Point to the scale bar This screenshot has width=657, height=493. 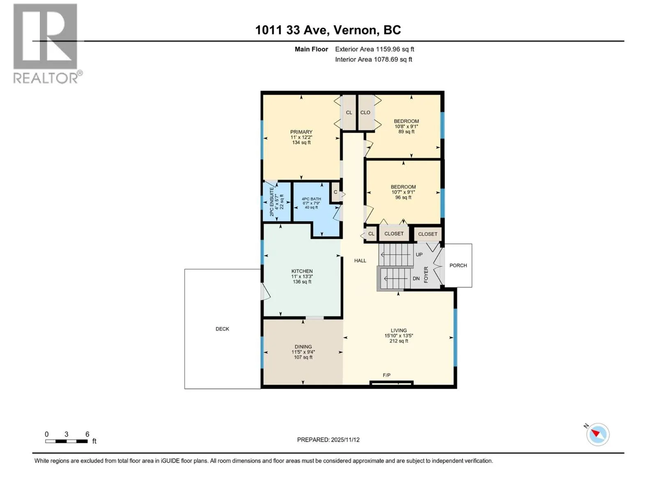click(67, 441)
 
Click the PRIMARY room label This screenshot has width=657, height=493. click(301, 132)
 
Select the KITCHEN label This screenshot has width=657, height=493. click(302, 271)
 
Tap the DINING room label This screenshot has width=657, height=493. click(303, 347)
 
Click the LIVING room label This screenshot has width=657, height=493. click(399, 330)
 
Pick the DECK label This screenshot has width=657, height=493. click(223, 329)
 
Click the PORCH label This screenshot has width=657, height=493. click(458, 265)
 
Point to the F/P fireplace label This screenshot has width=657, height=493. click(386, 375)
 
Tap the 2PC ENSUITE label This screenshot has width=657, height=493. click(272, 202)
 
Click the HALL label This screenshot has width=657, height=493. click(360, 261)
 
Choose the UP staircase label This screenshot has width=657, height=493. click(419, 255)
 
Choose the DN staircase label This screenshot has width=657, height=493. click(416, 279)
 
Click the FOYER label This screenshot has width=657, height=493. click(426, 275)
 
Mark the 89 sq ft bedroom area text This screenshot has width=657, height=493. click(407, 132)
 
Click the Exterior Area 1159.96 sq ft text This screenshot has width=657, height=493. click(375, 49)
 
